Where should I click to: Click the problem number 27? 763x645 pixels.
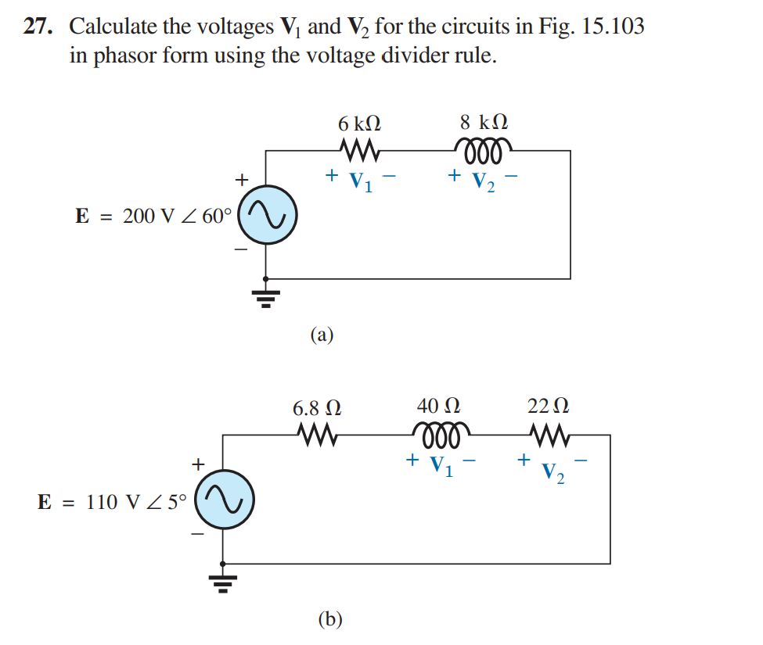[38, 27]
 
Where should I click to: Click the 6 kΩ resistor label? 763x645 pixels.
[359, 124]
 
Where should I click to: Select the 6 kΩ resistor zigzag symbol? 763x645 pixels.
[360, 149]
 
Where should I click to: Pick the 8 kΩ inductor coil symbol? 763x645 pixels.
[484, 149]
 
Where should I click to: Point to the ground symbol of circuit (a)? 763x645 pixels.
[267, 297]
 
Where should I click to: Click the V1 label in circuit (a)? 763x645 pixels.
[361, 181]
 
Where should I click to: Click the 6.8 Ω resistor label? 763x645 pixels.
[317, 408]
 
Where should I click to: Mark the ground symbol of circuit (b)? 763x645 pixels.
[223, 582]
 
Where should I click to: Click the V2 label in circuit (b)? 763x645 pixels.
[552, 471]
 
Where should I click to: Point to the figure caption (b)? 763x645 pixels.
[330, 619]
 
